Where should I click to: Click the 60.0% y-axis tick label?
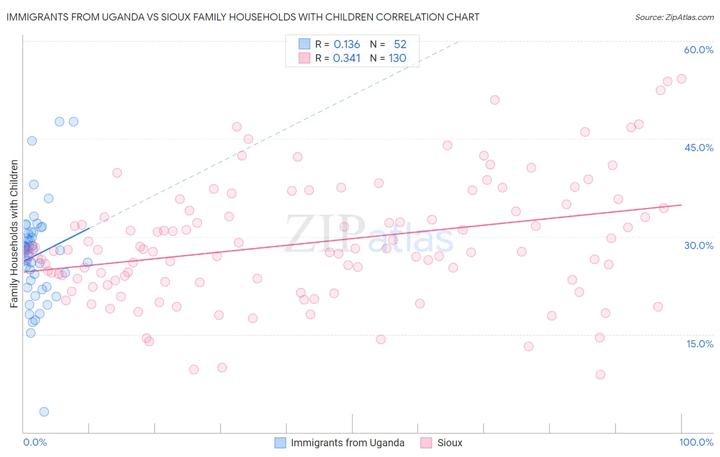click(698, 50)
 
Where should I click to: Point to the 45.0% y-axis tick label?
click(698, 148)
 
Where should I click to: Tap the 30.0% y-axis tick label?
click(698, 245)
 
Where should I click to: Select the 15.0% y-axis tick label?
click(700, 344)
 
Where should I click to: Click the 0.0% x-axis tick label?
click(35, 442)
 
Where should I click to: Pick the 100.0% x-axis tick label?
click(696, 442)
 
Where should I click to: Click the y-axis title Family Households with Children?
click(14, 234)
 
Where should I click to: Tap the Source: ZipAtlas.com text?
click(674, 17)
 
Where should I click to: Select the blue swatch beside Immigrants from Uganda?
click(280, 443)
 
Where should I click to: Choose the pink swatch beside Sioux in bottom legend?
click(426, 443)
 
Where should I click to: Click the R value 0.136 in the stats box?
click(347, 45)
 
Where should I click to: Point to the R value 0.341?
click(347, 58)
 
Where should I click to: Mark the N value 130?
click(397, 58)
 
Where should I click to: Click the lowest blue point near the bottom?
click(44, 412)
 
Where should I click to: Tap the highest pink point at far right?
click(682, 79)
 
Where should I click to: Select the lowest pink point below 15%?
click(600, 375)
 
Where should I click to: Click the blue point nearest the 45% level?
click(32, 141)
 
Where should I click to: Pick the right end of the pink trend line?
click(682, 205)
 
